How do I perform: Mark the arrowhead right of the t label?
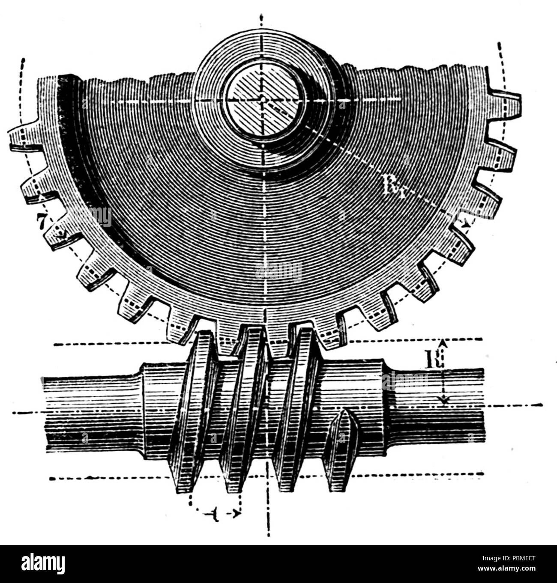pos(235,512)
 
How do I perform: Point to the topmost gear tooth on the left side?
pos(24,137)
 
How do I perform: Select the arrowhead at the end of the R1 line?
pos(465,223)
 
